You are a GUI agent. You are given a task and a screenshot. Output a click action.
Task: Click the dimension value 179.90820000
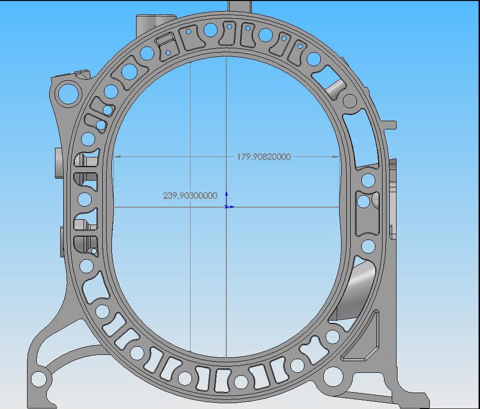coord(264,157)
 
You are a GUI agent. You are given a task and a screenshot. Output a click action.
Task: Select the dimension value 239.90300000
coord(190,196)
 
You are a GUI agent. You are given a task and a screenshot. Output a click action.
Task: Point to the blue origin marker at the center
coord(226,207)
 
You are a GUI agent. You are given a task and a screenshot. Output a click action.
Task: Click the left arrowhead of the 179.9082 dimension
coord(118,157)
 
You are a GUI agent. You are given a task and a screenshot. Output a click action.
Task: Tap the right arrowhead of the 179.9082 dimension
coord(335,157)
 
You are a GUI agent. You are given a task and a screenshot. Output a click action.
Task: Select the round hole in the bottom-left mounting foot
coord(39,379)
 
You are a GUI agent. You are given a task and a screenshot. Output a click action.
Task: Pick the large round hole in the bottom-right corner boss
coord(333,377)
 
